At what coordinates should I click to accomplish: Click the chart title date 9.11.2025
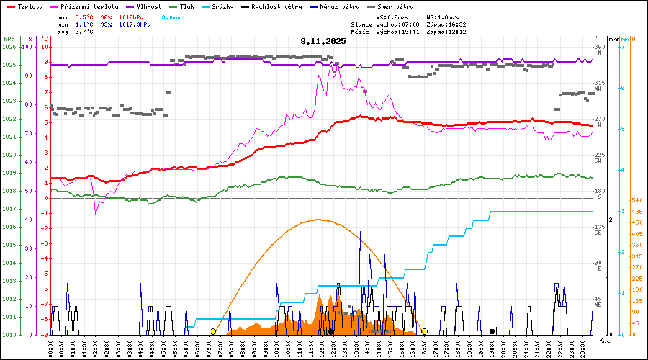(x=323, y=41)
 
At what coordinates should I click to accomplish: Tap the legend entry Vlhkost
(x=149, y=6)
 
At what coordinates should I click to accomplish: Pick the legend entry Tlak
(x=191, y=6)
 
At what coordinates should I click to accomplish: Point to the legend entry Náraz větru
(x=343, y=6)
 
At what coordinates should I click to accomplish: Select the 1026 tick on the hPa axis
(x=9, y=47)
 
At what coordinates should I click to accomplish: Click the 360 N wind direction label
(x=598, y=50)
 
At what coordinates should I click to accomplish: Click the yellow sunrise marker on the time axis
(x=212, y=331)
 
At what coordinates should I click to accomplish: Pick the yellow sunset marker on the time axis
(x=425, y=331)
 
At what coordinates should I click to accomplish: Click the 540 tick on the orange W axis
(x=636, y=200)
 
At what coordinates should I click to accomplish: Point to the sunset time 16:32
(x=455, y=24)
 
